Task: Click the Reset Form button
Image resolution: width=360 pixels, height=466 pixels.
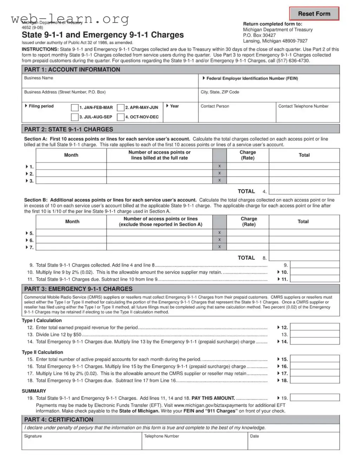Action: (x=314, y=14)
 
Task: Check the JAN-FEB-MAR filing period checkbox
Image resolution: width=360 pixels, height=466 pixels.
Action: (x=74, y=107)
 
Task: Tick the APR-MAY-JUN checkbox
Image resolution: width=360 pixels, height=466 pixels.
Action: (x=120, y=107)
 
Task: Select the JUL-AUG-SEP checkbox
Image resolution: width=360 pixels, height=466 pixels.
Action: (x=74, y=117)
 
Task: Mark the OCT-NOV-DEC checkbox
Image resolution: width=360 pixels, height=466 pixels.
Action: (x=120, y=117)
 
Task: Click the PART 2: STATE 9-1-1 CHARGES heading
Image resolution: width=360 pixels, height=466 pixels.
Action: (x=69, y=129)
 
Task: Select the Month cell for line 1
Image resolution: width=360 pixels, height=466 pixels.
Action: (x=71, y=166)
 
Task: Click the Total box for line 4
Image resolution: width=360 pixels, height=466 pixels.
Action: (x=304, y=189)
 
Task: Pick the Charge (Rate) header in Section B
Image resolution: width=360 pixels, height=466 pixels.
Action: (x=249, y=222)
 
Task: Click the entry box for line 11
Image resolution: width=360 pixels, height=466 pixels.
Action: (x=315, y=279)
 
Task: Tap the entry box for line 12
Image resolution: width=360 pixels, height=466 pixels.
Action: (x=315, y=327)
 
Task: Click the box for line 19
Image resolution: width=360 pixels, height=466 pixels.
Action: (x=315, y=398)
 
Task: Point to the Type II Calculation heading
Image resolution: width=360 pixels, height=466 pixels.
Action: (x=42, y=352)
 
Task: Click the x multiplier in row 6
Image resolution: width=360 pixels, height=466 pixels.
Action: (x=220, y=240)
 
